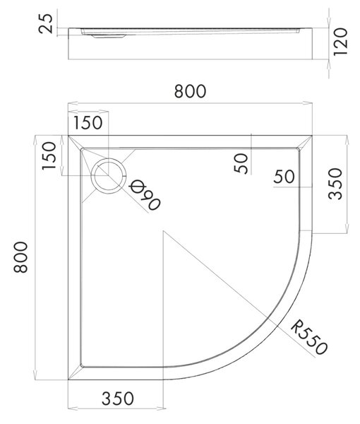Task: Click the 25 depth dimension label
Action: (46, 23)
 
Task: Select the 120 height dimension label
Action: (340, 42)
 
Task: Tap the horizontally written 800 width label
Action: (190, 91)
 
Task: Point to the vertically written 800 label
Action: (20, 257)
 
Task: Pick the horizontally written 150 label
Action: (88, 122)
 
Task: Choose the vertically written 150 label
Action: (49, 155)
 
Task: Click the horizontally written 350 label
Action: (118, 399)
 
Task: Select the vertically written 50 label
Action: (241, 163)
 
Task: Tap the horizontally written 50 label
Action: (284, 177)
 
